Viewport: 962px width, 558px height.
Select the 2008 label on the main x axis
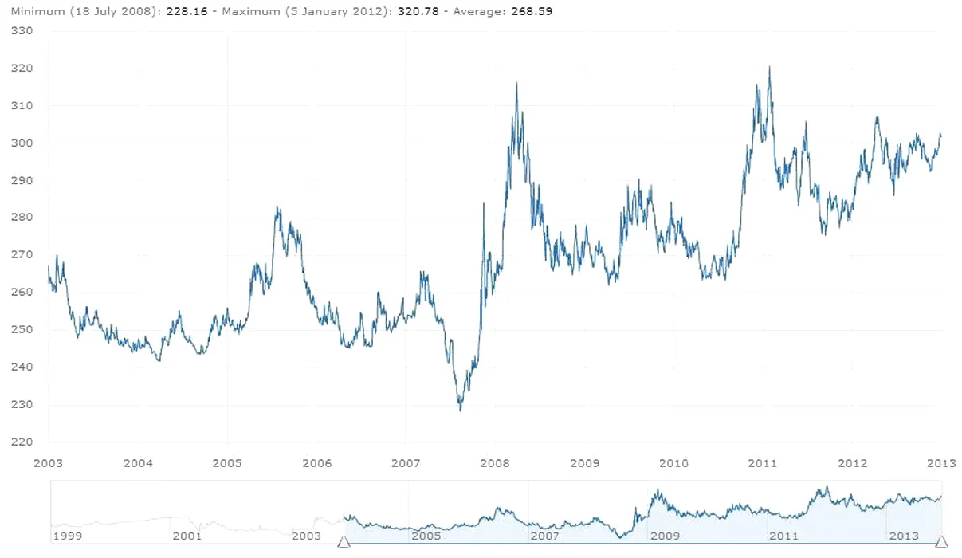coord(496,463)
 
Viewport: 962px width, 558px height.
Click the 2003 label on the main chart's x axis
coord(49,463)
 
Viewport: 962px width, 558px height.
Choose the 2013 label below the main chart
coord(942,463)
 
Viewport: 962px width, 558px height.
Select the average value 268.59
coord(532,12)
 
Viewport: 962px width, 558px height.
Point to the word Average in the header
coord(475,12)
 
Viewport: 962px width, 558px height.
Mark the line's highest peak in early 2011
coord(769,67)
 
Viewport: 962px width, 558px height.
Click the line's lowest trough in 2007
coord(460,410)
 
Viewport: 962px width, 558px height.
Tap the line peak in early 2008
coord(516,83)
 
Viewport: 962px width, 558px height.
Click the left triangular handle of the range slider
coord(344,543)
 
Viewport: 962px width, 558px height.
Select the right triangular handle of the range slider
coord(941,543)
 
